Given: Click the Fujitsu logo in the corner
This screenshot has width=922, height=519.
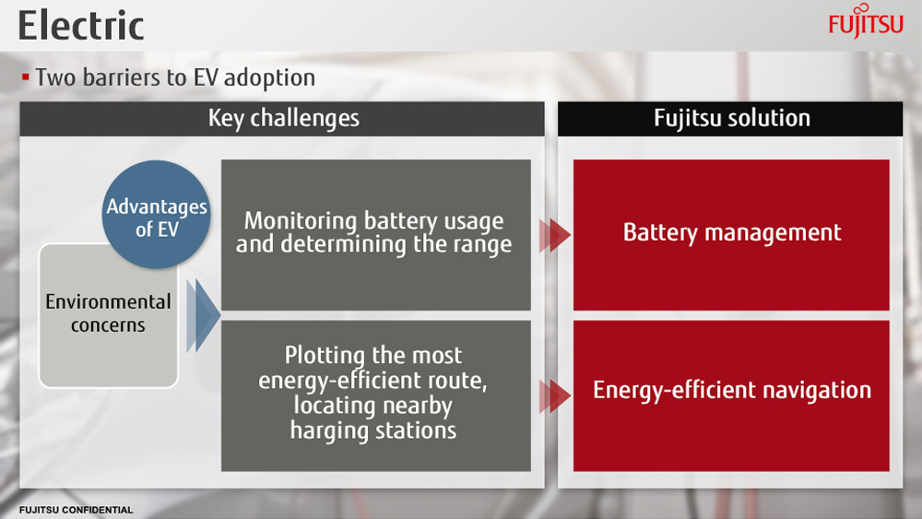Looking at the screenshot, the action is [x=866, y=21].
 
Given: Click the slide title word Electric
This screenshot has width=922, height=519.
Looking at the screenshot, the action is [x=81, y=26].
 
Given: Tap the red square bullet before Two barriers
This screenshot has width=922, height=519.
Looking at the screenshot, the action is [x=25, y=77].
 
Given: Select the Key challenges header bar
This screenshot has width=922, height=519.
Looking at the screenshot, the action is [x=282, y=119].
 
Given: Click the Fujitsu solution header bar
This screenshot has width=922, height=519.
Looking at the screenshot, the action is [x=730, y=119].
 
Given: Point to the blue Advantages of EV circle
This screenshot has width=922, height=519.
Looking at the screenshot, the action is [x=157, y=215].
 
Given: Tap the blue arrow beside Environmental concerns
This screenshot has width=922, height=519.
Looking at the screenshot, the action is [x=203, y=315].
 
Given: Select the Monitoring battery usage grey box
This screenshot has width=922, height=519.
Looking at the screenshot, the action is [x=376, y=234].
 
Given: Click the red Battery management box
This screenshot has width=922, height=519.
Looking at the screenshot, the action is [x=731, y=234].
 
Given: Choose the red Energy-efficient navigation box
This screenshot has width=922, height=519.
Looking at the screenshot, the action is [x=731, y=395].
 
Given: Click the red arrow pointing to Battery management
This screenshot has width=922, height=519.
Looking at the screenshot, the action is [x=554, y=235].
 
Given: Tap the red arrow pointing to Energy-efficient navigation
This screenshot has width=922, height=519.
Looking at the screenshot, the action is [x=554, y=395].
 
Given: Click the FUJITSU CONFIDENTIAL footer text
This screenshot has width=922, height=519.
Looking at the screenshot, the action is [x=76, y=510].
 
